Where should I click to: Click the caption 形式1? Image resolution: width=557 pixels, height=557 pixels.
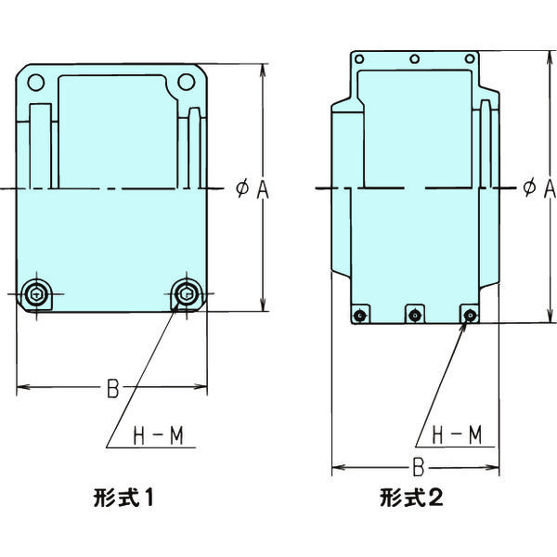pyautogui.click(x=123, y=498)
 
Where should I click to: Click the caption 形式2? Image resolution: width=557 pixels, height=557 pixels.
pyautogui.click(x=411, y=498)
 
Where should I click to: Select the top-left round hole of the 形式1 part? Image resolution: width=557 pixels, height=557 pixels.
pyautogui.click(x=35, y=82)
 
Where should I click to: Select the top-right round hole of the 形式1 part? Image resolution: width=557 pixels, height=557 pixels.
pyautogui.click(x=186, y=82)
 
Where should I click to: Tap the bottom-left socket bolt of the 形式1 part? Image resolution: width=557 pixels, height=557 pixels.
pyautogui.click(x=36, y=295)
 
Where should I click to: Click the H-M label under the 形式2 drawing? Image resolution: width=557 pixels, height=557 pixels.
pyautogui.click(x=456, y=434)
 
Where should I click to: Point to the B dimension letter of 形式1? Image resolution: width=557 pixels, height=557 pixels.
pyautogui.click(x=112, y=388)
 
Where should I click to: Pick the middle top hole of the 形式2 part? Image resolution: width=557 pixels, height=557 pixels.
pyautogui.click(x=415, y=59)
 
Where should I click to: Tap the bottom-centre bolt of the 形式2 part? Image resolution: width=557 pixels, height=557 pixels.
pyautogui.click(x=415, y=316)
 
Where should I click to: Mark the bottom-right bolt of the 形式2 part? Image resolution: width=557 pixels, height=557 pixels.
pyautogui.click(x=470, y=316)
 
